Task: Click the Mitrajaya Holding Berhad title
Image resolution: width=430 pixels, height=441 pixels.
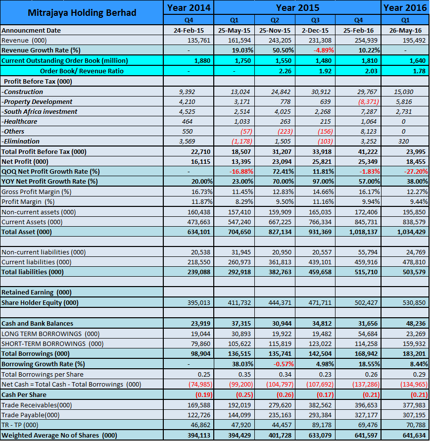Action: tap(82, 12)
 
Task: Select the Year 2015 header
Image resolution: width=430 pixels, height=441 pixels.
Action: tap(297, 7)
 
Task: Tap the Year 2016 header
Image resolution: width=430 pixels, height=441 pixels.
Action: tap(405, 7)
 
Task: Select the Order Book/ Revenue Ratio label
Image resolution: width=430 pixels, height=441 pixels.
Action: tap(82, 71)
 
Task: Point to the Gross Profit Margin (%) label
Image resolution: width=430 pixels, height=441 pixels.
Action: tap(37, 192)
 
